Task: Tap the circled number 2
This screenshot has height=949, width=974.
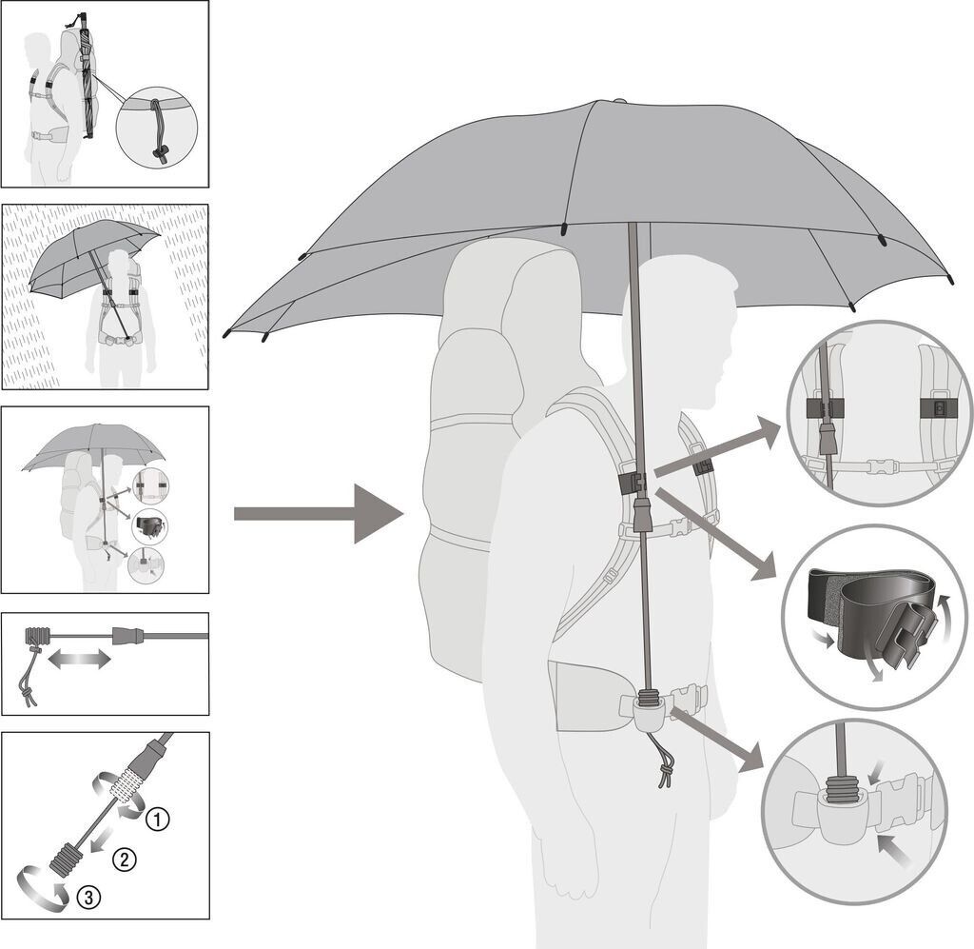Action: coord(123,860)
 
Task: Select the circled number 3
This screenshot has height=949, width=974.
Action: coord(88,896)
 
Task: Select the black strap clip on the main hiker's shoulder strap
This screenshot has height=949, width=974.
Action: coord(630,483)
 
